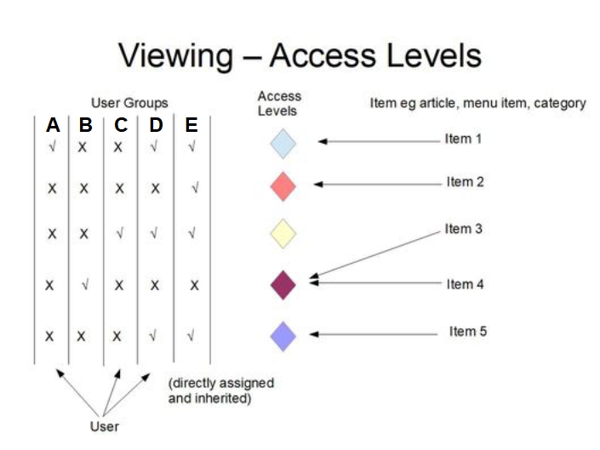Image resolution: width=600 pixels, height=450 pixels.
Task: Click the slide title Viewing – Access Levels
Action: (300, 56)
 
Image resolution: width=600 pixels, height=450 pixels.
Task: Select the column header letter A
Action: (53, 126)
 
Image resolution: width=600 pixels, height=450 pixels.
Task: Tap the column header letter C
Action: (121, 126)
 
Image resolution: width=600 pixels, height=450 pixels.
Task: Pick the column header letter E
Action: (191, 126)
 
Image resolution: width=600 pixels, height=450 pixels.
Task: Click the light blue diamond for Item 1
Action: (283, 143)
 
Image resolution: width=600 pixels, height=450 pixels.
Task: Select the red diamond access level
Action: (283, 186)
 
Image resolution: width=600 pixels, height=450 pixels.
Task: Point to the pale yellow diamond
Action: (283, 233)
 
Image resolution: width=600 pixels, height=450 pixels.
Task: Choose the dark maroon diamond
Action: (283, 284)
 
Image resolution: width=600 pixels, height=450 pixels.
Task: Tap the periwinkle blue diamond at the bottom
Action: (283, 335)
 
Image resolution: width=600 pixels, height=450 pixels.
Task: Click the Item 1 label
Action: (463, 139)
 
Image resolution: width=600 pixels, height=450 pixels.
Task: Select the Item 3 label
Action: (464, 229)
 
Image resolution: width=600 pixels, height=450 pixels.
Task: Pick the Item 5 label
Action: (468, 332)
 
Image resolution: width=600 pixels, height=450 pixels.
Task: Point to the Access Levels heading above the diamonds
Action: (279, 104)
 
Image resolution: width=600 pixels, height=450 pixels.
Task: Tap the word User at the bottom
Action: (105, 426)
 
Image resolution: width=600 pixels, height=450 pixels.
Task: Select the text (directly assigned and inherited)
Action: (220, 390)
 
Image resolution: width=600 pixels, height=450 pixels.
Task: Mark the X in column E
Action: (194, 286)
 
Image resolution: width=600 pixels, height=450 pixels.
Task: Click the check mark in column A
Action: (52, 146)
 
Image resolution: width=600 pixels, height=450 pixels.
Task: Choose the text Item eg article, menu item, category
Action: (477, 103)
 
